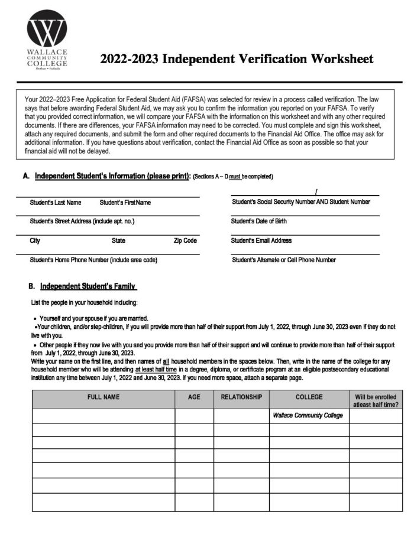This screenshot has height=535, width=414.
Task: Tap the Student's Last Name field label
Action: tap(56, 203)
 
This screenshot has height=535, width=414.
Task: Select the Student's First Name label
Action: tap(125, 203)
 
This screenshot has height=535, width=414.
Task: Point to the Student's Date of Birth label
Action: tap(259, 221)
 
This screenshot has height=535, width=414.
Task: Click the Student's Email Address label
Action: tap(261, 241)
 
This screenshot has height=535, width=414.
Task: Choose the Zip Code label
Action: tap(185, 241)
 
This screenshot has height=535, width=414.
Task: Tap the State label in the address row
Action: tap(118, 241)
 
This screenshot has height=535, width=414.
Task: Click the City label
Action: tap(35, 241)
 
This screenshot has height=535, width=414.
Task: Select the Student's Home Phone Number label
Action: tap(93, 260)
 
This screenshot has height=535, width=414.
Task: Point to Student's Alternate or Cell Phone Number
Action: tap(284, 260)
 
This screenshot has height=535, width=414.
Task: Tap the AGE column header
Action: tap(194, 397)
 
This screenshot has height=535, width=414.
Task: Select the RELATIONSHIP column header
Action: tap(241, 397)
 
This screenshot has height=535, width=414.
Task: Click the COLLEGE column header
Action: tap(309, 397)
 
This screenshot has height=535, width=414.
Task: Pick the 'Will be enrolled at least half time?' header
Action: tap(376, 400)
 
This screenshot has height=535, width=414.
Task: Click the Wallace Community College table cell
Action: tap(308, 416)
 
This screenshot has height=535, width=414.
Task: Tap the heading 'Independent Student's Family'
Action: tap(88, 287)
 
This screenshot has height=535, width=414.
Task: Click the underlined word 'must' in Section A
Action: tap(235, 177)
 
